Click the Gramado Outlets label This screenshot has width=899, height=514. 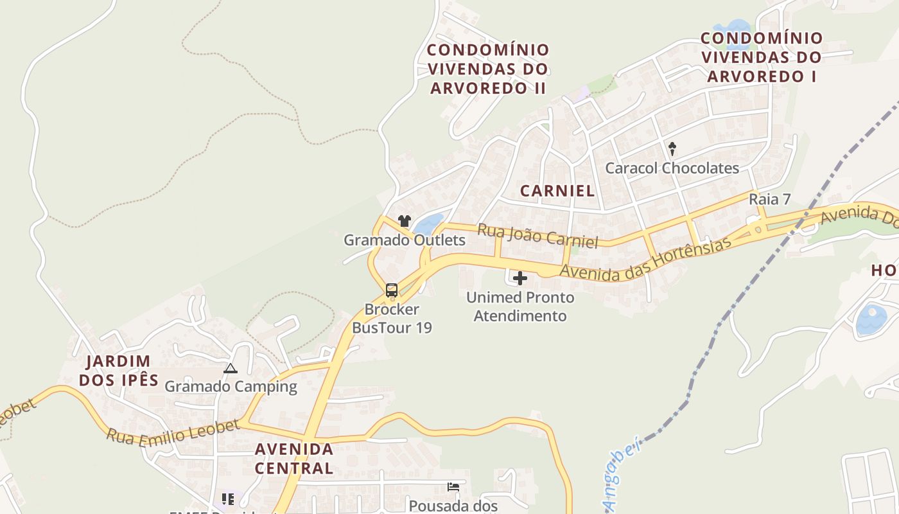(405, 240)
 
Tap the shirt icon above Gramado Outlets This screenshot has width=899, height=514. (404, 221)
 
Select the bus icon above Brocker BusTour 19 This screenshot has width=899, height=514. (392, 290)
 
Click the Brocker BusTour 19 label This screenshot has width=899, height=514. (392, 319)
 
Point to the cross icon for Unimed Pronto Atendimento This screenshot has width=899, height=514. (520, 278)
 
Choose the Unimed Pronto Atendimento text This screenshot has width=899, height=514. (520, 307)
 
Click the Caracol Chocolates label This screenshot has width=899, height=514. (672, 168)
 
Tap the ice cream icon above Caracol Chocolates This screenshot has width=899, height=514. (672, 149)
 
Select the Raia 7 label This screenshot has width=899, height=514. (769, 199)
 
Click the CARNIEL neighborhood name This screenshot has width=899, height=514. (557, 191)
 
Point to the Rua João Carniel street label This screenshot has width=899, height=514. (538, 235)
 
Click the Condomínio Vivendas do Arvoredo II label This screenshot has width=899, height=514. (488, 69)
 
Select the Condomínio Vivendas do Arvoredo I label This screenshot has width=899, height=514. (762, 57)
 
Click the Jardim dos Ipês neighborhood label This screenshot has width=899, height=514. (119, 371)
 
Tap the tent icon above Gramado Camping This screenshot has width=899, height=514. (230, 368)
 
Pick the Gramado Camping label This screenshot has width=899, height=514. (231, 387)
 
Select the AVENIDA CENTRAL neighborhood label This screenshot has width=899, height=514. (294, 458)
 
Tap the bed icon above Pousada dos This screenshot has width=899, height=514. (453, 487)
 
